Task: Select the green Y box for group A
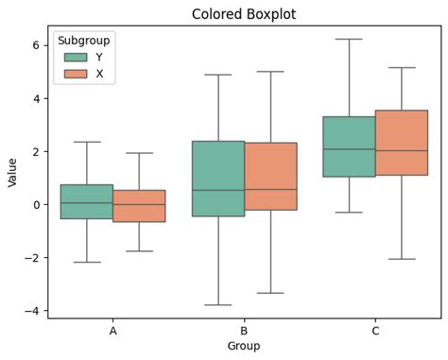coord(87,201)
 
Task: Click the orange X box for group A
coord(139,206)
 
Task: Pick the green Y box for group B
coord(218,179)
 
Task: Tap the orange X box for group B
coord(270,176)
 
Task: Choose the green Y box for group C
coord(349,146)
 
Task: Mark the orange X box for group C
coord(402,143)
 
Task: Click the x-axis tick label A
coord(113,332)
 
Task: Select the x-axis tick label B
coord(244,332)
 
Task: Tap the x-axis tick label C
coord(375,332)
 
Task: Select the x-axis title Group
coord(244,347)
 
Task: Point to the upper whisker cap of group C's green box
coord(349,40)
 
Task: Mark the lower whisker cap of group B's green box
coord(218,305)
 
